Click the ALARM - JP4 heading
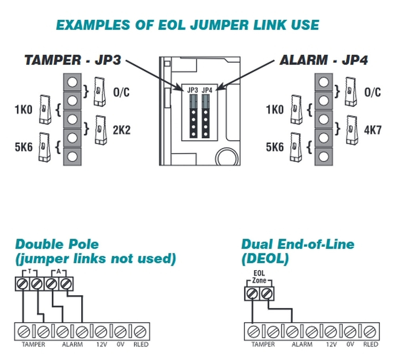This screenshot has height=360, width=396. (x=324, y=60)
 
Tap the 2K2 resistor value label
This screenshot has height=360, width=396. (x=122, y=130)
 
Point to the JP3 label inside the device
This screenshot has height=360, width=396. (x=192, y=91)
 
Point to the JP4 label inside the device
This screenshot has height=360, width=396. (x=207, y=91)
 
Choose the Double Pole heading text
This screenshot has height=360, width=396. (x=57, y=244)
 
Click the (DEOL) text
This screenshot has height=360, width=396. (x=265, y=259)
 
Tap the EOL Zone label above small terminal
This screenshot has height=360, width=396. (x=259, y=277)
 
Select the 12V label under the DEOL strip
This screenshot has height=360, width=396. (x=330, y=345)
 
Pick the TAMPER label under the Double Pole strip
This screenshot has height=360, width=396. (x=34, y=345)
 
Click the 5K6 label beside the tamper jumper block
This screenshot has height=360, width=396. (x=24, y=148)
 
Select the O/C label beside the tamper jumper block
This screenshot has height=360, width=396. (x=122, y=92)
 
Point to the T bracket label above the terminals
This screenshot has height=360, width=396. (x=30, y=272)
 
